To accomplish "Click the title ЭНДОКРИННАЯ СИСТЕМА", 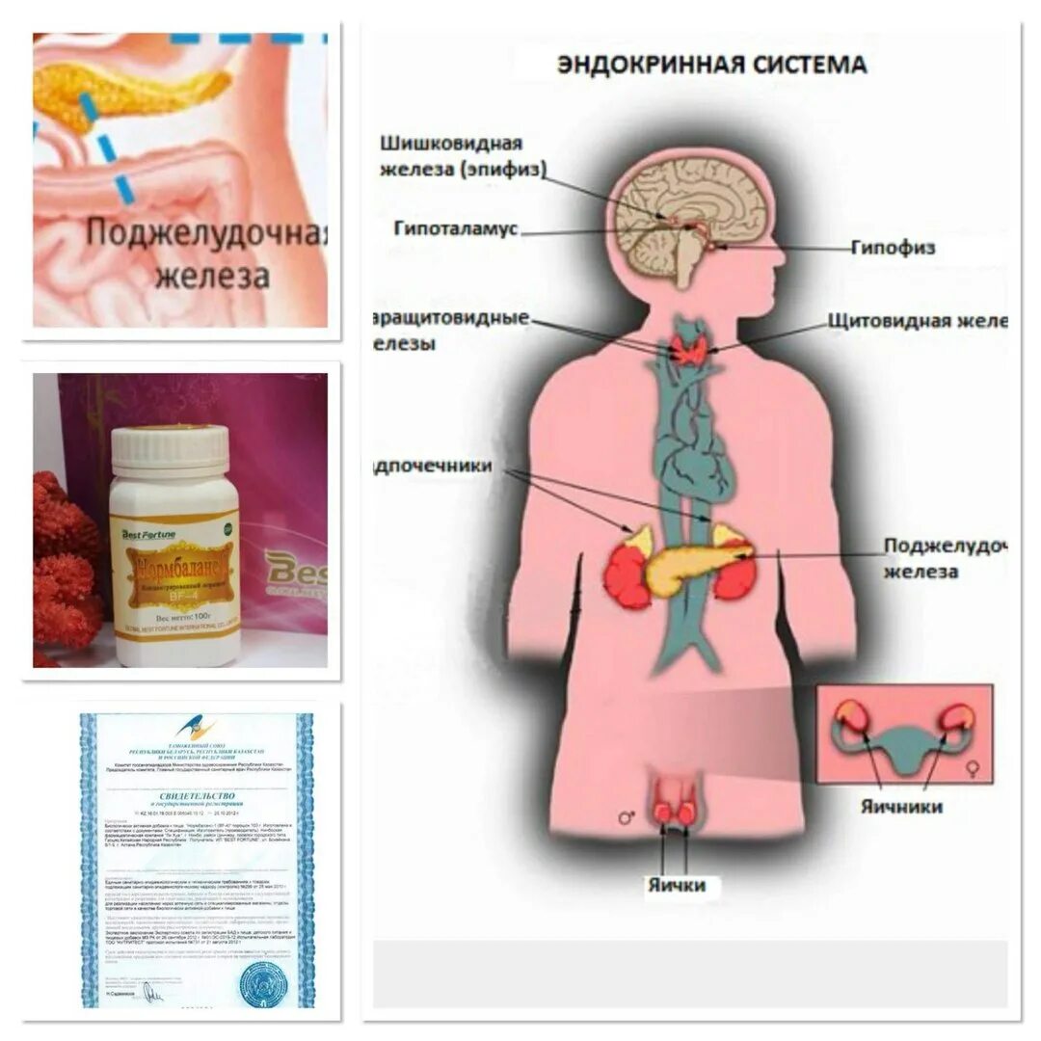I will pos(712,66).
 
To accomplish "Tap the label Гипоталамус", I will pos(456,229).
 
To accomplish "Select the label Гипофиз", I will pos(892,248).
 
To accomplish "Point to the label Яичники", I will pos(900,807).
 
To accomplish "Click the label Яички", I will pos(677,885).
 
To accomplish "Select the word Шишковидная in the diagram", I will pos(451,144).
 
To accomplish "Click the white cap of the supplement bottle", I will pos(171,450).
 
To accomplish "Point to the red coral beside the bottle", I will pos(66,569).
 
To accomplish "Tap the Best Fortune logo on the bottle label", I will pos(146,532).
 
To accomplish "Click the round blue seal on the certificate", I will pos(262,983).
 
